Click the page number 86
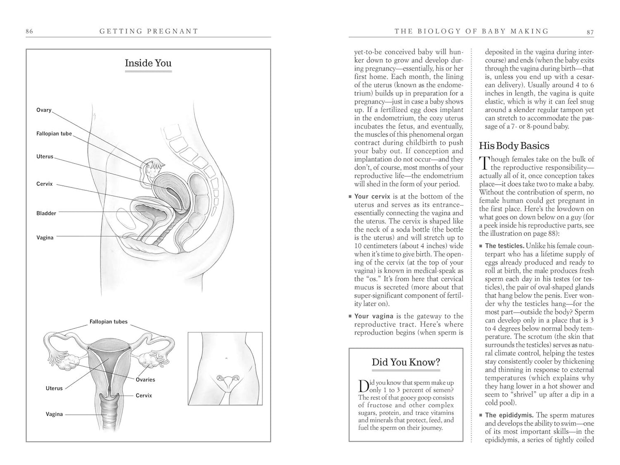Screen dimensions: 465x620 tap(29, 31)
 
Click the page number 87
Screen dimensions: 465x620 tap(590, 31)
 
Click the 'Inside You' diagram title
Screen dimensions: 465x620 tap(148, 63)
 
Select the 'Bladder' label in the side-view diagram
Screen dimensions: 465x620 tap(46, 213)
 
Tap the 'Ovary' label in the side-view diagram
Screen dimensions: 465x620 tap(44, 110)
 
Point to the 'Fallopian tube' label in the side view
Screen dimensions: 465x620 tap(54, 133)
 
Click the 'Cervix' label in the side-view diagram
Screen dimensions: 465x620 tap(45, 184)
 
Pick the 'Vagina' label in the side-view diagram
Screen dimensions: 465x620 tap(45, 238)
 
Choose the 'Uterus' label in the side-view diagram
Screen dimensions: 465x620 tap(45, 157)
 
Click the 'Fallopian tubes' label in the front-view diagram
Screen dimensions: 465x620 tap(109, 322)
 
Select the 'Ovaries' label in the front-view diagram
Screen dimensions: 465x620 tap(145, 380)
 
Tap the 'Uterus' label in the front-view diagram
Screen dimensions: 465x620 tap(54, 388)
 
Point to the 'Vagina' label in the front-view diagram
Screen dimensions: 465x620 tap(54, 414)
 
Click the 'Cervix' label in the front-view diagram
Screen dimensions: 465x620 tap(144, 396)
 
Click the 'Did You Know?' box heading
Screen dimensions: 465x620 tap(406, 362)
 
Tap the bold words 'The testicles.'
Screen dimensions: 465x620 tap(505, 246)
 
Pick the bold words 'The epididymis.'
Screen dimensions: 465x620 tap(509, 415)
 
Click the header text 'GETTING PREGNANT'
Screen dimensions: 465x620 tap(149, 31)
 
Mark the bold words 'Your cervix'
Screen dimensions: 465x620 tap(372, 196)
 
